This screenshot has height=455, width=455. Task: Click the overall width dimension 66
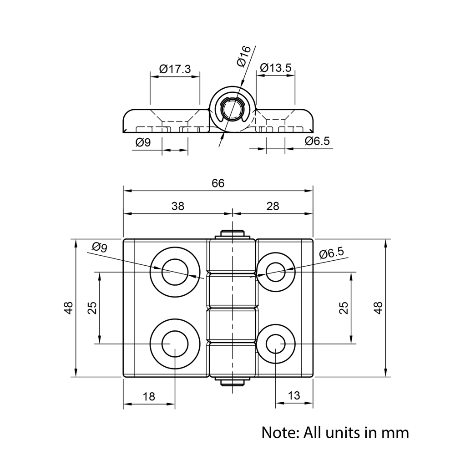pos(218,183)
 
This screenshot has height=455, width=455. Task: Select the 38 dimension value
pos(178,206)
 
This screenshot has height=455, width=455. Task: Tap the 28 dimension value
pos(273,206)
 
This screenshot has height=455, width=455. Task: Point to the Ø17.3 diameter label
pos(175,69)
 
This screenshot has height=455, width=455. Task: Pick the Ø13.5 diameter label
pos(275,68)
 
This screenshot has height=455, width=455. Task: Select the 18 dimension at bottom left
pos(149,396)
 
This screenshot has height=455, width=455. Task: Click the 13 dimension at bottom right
pos(294,396)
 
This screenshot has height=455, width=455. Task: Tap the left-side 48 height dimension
pos(69,308)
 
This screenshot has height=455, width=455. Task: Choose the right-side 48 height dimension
pos(378,308)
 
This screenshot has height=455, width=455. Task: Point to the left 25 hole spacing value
pos(92,308)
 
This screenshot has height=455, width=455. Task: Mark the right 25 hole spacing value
pos(344,308)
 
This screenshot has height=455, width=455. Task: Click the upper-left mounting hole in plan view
pos(175,272)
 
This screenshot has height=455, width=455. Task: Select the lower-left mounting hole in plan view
pos(175,344)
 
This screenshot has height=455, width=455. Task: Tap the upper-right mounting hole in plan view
pos(276,272)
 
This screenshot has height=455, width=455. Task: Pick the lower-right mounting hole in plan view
pos(276,344)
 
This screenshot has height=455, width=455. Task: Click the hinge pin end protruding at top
pos(233,234)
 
